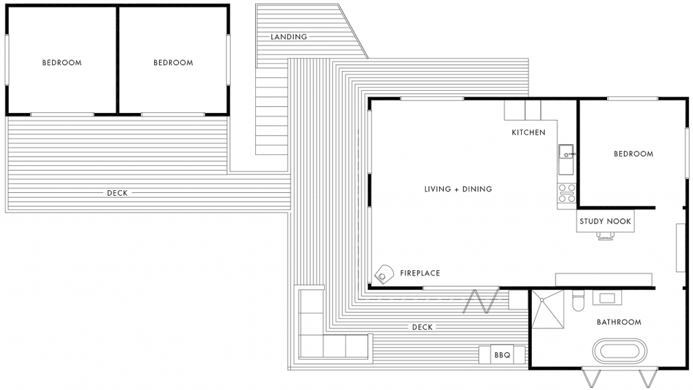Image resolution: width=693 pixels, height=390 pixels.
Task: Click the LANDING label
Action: tap(289, 37)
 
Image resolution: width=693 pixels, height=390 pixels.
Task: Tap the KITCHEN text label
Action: tap(528, 132)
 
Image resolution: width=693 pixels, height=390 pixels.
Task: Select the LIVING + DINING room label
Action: tap(457, 189)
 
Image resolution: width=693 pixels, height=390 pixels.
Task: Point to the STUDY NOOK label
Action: tap(605, 221)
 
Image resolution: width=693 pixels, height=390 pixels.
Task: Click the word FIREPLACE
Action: tap(420, 274)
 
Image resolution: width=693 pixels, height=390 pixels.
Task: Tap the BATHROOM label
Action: tap(619, 322)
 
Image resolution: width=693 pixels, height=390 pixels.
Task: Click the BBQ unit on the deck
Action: tap(502, 355)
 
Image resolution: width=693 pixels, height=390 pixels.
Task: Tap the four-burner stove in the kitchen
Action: tap(566, 194)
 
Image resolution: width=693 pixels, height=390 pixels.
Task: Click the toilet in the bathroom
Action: tap(577, 301)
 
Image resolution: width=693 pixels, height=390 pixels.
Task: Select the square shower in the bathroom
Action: tap(547, 309)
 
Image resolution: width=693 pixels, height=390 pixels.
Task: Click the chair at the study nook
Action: tap(606, 236)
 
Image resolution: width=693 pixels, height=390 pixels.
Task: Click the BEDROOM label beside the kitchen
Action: tap(633, 154)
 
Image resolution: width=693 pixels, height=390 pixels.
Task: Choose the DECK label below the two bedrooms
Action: tap(117, 193)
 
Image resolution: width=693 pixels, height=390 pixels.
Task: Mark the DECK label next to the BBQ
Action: tap(422, 327)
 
